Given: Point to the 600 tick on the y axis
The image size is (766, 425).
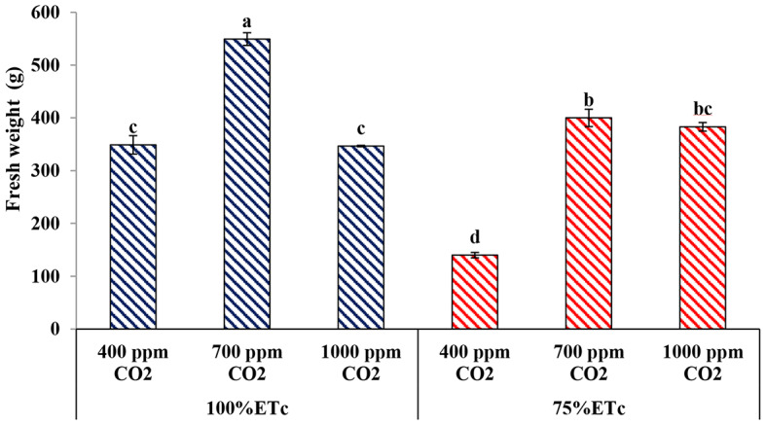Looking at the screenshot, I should (x=48, y=13).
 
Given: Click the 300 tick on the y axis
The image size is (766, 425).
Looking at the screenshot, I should (x=48, y=171).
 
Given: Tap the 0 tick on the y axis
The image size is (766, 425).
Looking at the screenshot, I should (x=57, y=330).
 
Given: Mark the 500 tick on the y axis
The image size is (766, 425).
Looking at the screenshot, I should (x=48, y=65).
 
